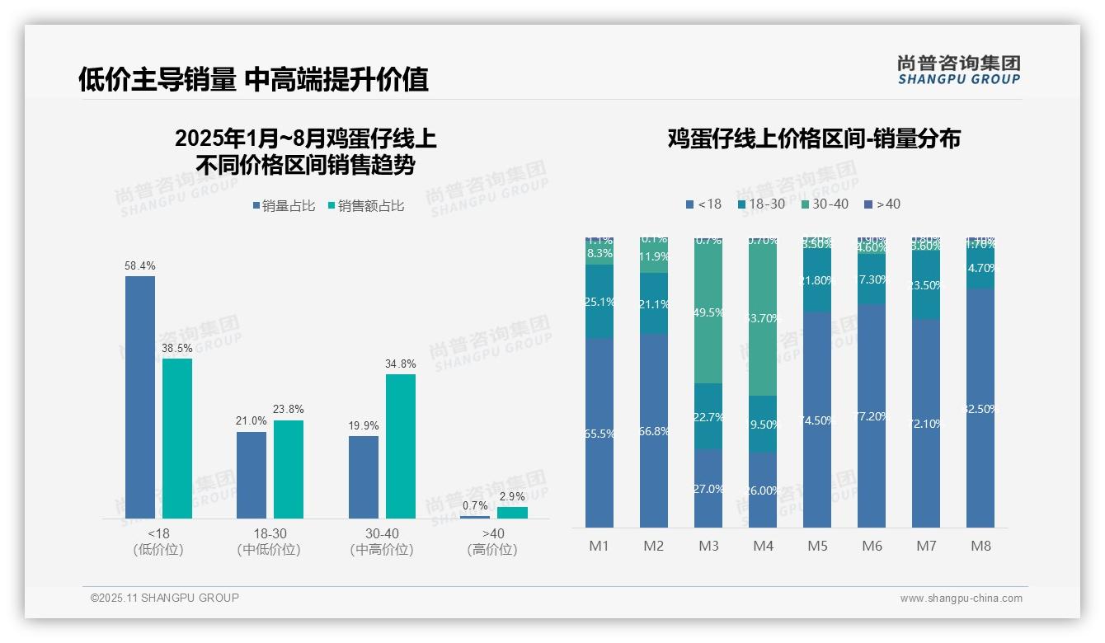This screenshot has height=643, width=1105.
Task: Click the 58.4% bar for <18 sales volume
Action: (x=140, y=397)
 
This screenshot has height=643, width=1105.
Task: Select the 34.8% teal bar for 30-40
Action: (x=401, y=446)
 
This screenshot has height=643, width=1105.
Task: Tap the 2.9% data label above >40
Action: (x=512, y=496)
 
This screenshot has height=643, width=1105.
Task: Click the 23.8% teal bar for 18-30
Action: (x=289, y=469)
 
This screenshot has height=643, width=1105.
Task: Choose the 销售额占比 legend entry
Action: (x=366, y=206)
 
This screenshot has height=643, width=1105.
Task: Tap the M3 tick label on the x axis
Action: (x=708, y=546)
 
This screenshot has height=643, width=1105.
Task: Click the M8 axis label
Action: (x=980, y=546)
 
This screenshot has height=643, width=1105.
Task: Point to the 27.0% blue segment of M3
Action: (x=708, y=489)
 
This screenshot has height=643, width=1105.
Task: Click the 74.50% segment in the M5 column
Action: (x=817, y=420)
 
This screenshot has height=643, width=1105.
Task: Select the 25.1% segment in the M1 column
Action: (x=600, y=302)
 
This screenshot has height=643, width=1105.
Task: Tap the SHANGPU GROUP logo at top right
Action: (x=958, y=70)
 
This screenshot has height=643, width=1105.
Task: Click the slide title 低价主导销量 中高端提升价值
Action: (x=253, y=79)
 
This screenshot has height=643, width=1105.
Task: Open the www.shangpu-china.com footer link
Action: (x=961, y=598)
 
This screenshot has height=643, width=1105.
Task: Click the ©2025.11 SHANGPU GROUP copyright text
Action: (x=165, y=598)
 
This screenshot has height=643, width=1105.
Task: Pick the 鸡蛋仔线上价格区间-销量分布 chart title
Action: (x=814, y=138)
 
